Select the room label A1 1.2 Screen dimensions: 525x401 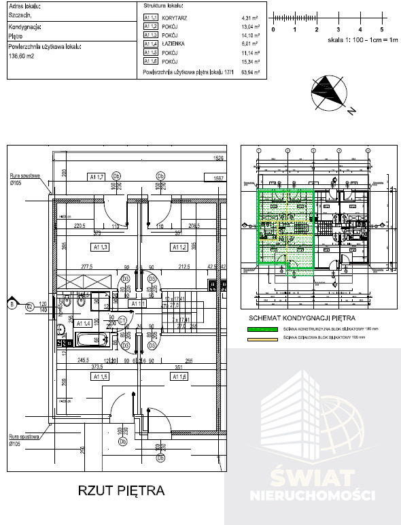tap(179, 247)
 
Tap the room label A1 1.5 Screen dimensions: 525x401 tap(101, 376)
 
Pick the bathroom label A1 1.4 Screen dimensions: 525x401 tap(83, 323)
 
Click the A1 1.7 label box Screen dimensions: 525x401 tap(98, 177)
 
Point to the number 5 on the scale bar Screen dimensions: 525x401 tap(382, 31)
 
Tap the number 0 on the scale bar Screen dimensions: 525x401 tap(273, 31)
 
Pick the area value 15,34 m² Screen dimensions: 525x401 tap(251, 61)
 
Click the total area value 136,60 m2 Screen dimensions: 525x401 tap(21, 56)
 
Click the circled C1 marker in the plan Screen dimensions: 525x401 tap(122, 319)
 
